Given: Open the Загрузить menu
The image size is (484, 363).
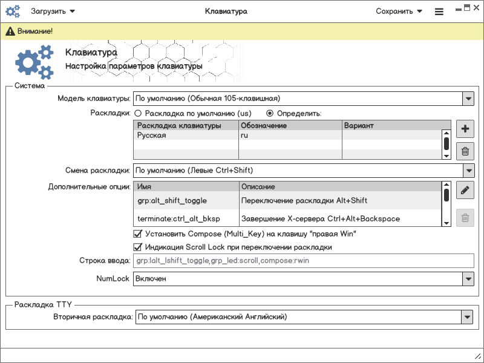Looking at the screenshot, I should [x=53, y=11].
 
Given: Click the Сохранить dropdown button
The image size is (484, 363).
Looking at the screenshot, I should [x=398, y=11].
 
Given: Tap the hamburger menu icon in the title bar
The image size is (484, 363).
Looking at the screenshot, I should [x=439, y=11].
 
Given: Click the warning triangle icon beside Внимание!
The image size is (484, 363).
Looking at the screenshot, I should [x=10, y=31].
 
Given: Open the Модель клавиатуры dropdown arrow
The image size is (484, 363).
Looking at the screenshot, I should [x=468, y=98].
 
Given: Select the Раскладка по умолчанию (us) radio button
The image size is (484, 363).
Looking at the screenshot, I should [x=138, y=113].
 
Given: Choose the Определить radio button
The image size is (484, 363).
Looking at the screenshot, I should [x=270, y=113].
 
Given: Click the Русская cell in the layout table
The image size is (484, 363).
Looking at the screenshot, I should [x=151, y=136].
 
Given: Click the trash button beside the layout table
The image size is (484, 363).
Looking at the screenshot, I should [x=465, y=151].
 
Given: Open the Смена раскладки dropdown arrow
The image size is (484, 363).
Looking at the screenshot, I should [x=468, y=171].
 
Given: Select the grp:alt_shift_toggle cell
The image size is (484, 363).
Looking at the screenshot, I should [x=172, y=200].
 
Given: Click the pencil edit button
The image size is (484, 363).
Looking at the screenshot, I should [x=465, y=190].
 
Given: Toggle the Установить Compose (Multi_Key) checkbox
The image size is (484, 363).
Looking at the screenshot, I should [x=137, y=234].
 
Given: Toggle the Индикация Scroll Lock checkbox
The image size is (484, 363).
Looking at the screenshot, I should [x=137, y=247].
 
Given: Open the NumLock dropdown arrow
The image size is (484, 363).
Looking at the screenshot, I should [x=468, y=279].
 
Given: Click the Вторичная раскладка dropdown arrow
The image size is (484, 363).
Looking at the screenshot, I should [x=466, y=316].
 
